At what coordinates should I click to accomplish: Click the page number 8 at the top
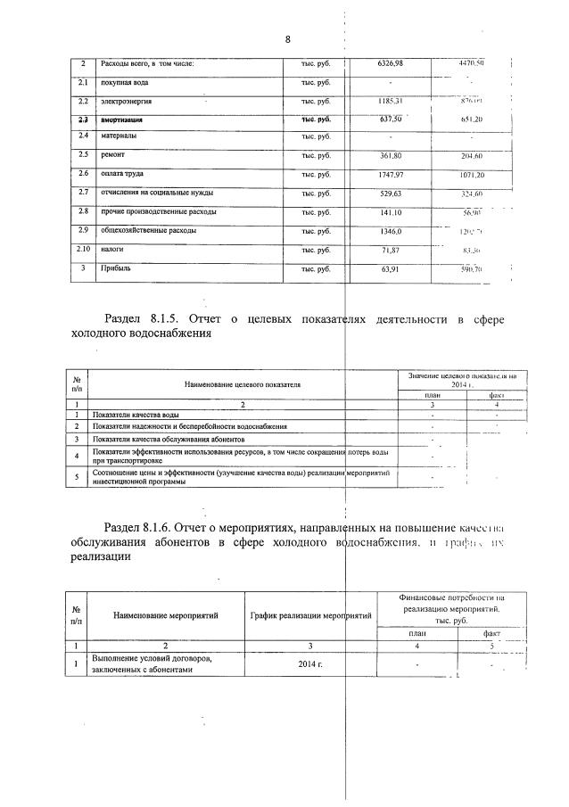pos(288,39)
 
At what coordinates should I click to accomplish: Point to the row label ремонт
pos(115,155)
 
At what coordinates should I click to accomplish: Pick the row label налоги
pos(113,250)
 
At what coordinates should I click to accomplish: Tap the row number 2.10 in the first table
pos(82,250)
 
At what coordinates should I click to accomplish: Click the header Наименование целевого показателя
pos(242,384)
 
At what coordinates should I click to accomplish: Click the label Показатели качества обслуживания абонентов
pos(168,440)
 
